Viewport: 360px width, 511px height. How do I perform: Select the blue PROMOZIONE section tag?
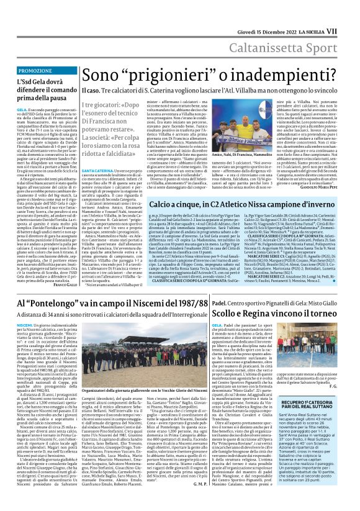coord(36,71)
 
